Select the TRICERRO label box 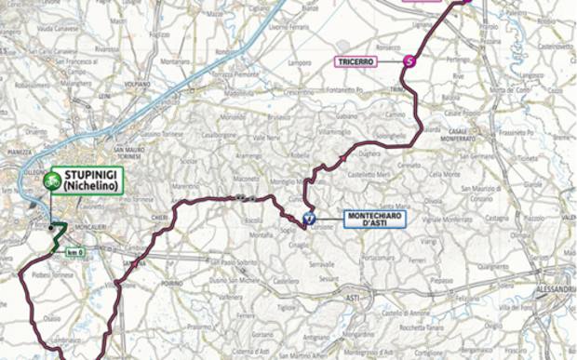356,61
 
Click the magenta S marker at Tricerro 409,61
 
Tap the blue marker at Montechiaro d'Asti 309,220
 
